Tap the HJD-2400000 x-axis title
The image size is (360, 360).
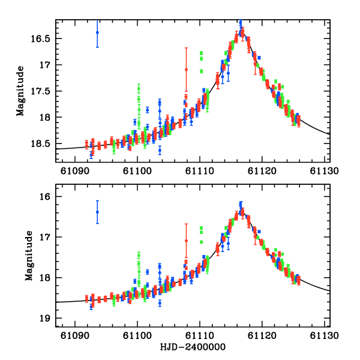(x=193, y=347)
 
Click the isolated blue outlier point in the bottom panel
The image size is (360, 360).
(x=97, y=212)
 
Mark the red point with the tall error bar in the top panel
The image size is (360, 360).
(x=186, y=70)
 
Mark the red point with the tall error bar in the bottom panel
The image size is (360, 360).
(x=186, y=241)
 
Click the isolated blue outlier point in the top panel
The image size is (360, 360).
(x=97, y=32)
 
